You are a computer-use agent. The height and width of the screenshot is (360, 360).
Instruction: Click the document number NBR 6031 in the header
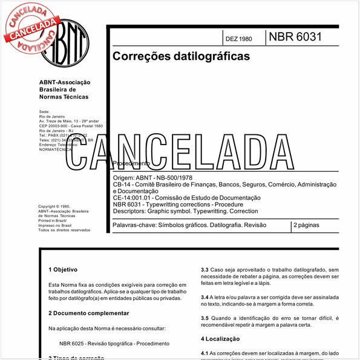pyautogui.click(x=295, y=37)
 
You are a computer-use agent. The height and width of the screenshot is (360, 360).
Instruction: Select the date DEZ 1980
pyautogui.click(x=238, y=39)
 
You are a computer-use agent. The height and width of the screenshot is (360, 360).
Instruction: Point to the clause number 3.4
pyautogui.click(x=205, y=297)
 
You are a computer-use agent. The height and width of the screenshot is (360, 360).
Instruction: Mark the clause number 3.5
pyautogui.click(x=205, y=318)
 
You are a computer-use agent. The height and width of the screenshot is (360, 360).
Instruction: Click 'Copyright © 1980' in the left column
pyautogui.click(x=56, y=206)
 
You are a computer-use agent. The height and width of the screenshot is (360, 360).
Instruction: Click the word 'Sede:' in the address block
pyautogui.click(x=44, y=112)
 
